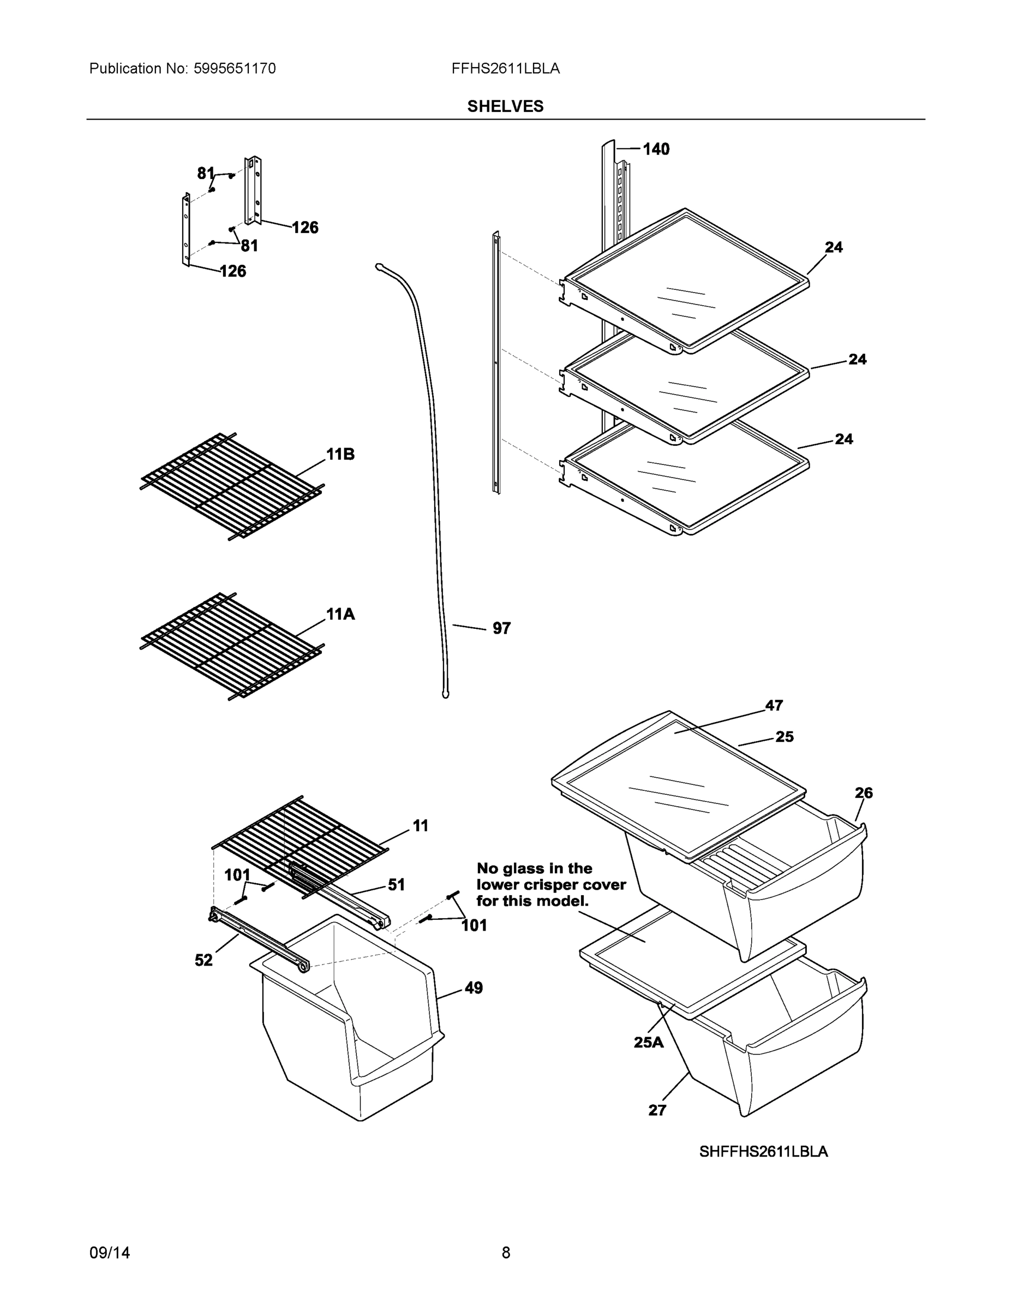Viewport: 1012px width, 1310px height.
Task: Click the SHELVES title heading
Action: point(505,106)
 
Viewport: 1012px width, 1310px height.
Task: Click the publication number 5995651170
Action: point(235,68)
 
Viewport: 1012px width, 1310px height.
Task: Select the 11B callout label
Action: point(340,454)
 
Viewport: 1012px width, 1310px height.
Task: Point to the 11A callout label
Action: point(340,614)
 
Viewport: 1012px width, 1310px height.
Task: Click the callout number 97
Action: point(501,628)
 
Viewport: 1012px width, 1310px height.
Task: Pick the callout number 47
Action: point(774,705)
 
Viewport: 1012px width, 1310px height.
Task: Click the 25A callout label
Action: point(649,1043)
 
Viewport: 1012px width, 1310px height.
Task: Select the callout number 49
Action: point(473,988)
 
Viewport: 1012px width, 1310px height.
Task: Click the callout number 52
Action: point(204,960)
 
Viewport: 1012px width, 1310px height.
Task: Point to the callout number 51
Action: point(396,885)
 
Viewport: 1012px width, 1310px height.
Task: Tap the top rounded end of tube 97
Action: point(380,265)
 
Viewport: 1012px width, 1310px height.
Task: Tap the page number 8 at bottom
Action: point(505,1253)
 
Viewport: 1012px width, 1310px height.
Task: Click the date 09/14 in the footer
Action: point(110,1253)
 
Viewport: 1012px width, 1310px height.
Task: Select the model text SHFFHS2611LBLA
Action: point(763,1152)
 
